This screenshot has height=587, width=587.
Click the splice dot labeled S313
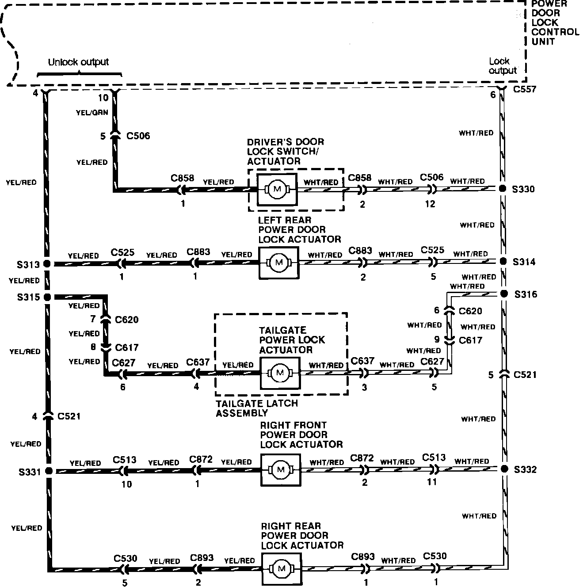click(47, 264)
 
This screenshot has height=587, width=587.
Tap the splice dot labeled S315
click(47, 297)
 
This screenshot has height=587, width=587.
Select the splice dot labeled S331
click(48, 471)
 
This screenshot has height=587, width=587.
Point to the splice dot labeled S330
click(503, 189)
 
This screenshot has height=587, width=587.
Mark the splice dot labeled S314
click(503, 262)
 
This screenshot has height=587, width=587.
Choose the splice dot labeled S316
click(503, 294)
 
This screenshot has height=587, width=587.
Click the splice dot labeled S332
click(503, 469)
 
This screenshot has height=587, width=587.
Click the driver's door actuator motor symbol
click(278, 189)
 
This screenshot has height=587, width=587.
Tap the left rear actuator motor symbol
click(278, 263)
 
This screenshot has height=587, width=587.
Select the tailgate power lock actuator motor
click(280, 373)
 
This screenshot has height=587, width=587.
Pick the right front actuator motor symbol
click(281, 469)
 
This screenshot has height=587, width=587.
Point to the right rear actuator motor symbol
click(281, 568)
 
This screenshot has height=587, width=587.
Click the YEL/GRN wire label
click(92, 113)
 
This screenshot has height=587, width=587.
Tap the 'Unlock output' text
click(78, 62)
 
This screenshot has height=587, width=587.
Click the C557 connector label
click(525, 89)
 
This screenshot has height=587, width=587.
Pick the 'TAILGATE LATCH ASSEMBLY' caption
click(256, 408)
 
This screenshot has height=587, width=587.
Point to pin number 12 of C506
click(430, 204)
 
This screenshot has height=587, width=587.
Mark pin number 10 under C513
click(126, 484)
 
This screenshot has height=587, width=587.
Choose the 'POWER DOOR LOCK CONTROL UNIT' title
click(555, 22)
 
